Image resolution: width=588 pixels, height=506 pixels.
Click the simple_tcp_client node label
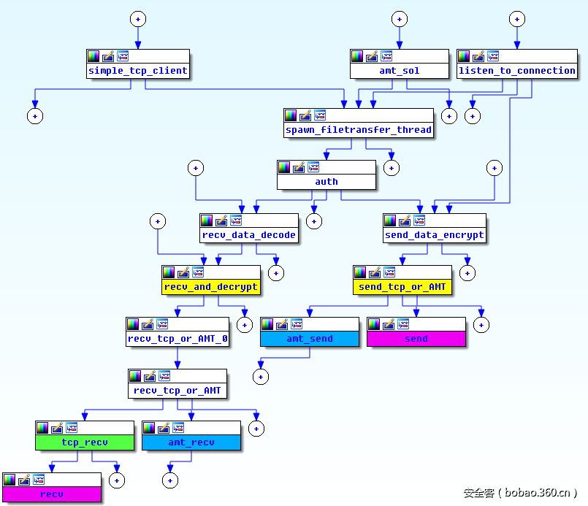pyautogui.click(x=138, y=71)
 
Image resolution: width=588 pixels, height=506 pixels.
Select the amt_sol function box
pyautogui.click(x=399, y=71)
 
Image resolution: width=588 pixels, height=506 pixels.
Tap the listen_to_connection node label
pyautogui.click(x=516, y=71)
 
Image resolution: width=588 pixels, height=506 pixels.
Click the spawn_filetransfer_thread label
pyautogui.click(x=359, y=130)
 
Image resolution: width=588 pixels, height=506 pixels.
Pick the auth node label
pyautogui.click(x=327, y=182)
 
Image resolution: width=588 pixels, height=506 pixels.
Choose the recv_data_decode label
pyautogui.click(x=249, y=235)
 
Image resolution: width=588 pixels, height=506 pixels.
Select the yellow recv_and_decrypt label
pyautogui.click(x=210, y=287)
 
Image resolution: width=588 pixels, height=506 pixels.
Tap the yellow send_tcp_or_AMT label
pyautogui.click(x=402, y=287)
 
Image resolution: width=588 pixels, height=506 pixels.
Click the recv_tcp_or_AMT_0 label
pyautogui.click(x=177, y=339)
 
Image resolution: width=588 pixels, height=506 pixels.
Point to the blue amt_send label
pyautogui.click(x=310, y=339)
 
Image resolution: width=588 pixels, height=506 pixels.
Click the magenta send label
pyautogui.click(x=416, y=339)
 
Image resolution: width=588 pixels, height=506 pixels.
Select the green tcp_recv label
pyautogui.click(x=85, y=442)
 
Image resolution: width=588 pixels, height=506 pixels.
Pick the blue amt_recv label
pyautogui.click(x=191, y=442)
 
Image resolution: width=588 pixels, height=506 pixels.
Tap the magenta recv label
pyautogui.click(x=51, y=494)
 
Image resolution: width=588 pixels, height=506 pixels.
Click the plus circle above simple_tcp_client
pyautogui.click(x=138, y=19)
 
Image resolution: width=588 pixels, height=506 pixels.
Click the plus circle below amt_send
pyautogui.click(x=261, y=377)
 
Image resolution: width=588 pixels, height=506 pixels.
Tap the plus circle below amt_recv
pyautogui.click(x=169, y=480)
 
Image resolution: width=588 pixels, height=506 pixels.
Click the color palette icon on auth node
pyautogui.click(x=283, y=167)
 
